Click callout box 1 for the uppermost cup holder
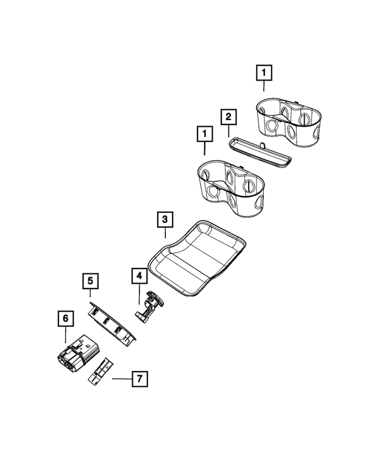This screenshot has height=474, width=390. (263, 74)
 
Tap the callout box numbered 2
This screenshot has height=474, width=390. (227, 115)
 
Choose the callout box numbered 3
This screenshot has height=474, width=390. (165, 218)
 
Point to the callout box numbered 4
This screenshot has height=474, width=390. (140, 277)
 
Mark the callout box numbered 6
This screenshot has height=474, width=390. (65, 318)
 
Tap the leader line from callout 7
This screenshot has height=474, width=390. (121, 379)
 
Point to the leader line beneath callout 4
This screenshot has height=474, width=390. (140, 294)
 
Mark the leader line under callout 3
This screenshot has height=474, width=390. (165, 232)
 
